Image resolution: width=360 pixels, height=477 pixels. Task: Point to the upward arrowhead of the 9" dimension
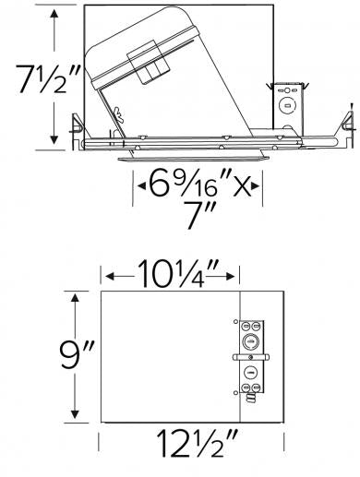pos(75,296)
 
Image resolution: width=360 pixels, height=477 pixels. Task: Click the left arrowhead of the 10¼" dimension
pos(108,275)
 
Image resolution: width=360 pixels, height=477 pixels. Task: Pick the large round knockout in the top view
pos(249,339)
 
